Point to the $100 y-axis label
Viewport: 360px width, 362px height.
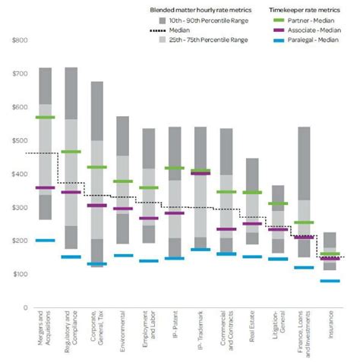[x=17, y=274]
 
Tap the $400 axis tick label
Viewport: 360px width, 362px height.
[x=17, y=174]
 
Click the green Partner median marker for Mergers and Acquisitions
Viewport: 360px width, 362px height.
[x=45, y=118]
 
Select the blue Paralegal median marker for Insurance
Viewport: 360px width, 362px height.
[x=330, y=281]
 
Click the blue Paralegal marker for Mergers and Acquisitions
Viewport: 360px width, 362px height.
[x=45, y=241]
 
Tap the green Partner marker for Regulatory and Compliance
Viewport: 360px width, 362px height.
[x=71, y=152]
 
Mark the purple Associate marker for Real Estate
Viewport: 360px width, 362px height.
[x=251, y=224]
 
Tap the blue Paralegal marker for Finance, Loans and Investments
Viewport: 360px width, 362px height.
[x=303, y=267]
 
